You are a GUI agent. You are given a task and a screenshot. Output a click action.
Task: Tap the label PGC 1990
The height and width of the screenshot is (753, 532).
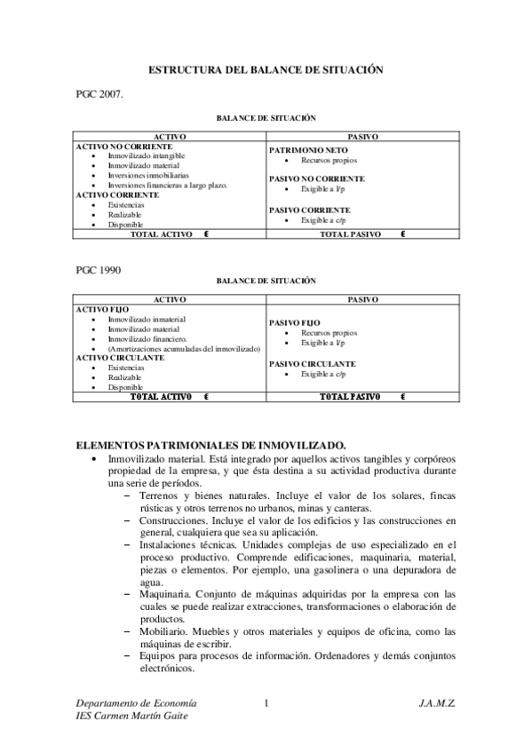tap(99, 267)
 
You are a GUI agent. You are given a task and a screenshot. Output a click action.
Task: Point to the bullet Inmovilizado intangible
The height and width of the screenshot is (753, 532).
tap(147, 155)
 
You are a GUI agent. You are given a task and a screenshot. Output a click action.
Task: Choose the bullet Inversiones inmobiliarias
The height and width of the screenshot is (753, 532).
tap(148, 176)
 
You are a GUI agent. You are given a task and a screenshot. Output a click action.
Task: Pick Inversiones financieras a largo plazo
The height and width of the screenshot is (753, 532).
tap(168, 185)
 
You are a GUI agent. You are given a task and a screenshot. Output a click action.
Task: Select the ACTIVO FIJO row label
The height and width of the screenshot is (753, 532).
tap(102, 309)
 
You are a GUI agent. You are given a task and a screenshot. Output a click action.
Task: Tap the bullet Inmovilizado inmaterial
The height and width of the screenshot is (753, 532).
tap(147, 319)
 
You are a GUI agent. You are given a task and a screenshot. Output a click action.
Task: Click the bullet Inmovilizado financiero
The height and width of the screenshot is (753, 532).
tap(147, 338)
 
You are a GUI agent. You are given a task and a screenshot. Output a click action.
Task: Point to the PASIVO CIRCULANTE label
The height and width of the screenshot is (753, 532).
tap(312, 363)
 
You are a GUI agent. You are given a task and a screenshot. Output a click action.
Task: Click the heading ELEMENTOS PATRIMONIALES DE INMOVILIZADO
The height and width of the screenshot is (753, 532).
tap(211, 443)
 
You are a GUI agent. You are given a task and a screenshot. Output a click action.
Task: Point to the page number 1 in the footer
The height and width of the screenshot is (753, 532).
tap(266, 702)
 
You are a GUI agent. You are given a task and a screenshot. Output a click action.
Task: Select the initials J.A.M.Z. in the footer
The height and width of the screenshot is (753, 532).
tap(437, 702)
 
